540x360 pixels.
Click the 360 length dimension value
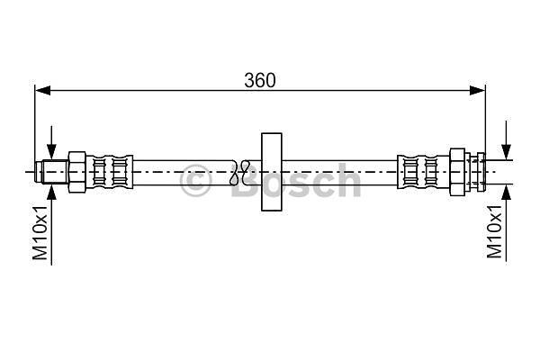tap(260, 80)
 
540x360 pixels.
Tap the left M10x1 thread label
tap(40, 232)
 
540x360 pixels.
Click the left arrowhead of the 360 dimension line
tap(43, 91)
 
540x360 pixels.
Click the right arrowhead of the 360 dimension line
tap(478, 91)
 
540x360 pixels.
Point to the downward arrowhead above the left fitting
tap(51, 151)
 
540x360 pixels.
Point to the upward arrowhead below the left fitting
tap(51, 193)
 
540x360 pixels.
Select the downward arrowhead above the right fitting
tap(506, 151)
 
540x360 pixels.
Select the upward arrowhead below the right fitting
tap(506, 193)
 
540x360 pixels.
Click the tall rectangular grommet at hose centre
tap(272, 172)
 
